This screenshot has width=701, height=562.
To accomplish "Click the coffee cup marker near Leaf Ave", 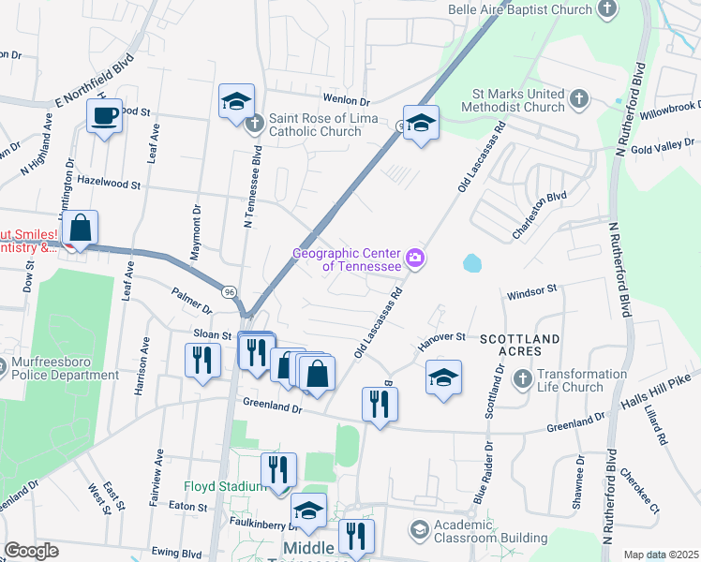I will pos(104,117).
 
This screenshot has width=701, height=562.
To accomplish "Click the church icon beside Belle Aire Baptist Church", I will pos(606,9).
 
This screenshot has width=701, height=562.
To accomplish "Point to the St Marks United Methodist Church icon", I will pos(578,97).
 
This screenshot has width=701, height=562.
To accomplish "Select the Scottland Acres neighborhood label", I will pos(520,344).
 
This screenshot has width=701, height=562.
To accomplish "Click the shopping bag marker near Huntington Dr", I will pos(82,228).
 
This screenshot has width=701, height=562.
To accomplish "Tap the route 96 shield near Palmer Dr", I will pos(230,292).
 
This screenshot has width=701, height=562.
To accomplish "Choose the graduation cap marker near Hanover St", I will pos(443,377).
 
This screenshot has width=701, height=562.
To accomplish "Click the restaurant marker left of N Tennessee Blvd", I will pos(202,360).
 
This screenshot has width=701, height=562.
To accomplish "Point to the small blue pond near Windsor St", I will pos(471,264).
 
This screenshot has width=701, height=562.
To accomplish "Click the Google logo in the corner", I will pos(31,551).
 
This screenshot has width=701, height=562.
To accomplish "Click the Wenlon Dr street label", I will pos(347,100).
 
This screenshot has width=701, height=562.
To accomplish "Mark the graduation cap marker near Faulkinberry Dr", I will pos(308,510).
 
